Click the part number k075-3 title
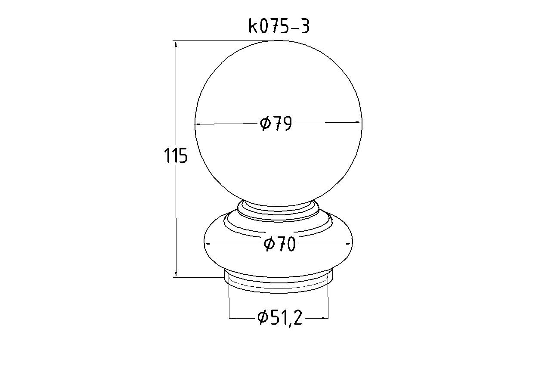(279, 26)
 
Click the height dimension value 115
(176, 155)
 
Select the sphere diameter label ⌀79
(276, 123)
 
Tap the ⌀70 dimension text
(280, 244)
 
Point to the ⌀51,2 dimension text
(280, 318)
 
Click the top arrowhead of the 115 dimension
(176, 44)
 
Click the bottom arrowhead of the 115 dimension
(176, 273)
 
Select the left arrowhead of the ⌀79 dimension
(198, 125)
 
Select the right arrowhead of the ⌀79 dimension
(359, 122)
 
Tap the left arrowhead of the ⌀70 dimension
(208, 244)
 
